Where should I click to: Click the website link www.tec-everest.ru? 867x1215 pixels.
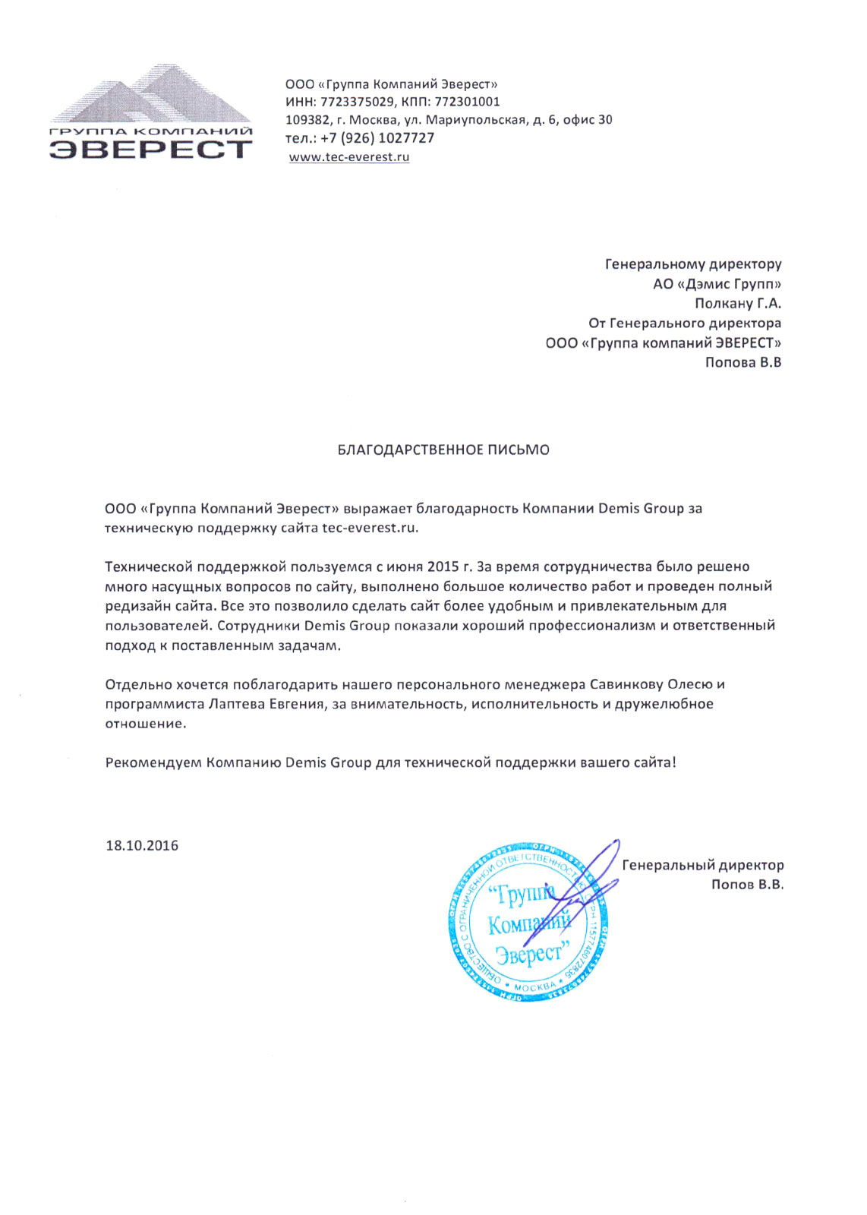(x=349, y=157)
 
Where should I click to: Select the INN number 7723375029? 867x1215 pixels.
(x=357, y=102)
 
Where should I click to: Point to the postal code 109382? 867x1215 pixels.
(x=307, y=120)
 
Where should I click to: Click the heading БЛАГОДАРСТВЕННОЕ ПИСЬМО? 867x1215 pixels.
(x=443, y=450)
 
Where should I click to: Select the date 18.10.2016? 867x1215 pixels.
(x=142, y=846)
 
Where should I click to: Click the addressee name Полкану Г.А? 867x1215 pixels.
(x=737, y=304)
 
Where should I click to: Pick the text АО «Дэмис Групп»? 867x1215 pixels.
(x=717, y=284)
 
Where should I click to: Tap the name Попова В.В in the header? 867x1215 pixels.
(x=742, y=363)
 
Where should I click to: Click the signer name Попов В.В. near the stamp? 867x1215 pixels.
(x=747, y=885)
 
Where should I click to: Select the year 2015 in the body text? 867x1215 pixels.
(x=443, y=566)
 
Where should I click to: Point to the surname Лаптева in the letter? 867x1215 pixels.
(x=236, y=704)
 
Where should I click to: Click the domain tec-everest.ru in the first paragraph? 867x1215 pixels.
(x=369, y=528)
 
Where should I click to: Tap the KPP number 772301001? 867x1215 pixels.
(x=467, y=102)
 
